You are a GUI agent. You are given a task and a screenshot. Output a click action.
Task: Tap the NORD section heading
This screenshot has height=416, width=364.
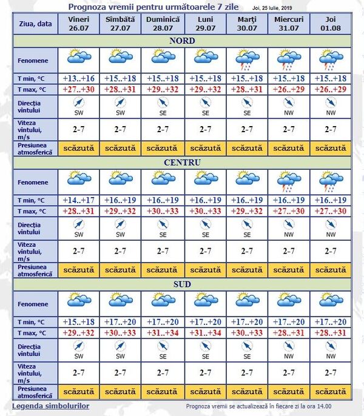pos(182,41)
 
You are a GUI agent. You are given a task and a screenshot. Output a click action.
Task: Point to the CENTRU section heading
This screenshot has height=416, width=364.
pos(182,163)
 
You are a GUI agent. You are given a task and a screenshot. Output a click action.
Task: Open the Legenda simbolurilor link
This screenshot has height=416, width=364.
pos(51,406)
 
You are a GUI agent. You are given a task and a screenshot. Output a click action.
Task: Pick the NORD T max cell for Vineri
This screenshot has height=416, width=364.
pos(78,90)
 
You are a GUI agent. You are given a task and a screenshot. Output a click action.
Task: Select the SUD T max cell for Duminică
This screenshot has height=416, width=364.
pos(163,332)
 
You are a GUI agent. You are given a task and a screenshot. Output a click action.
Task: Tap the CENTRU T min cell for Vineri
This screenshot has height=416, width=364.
pos(78,200)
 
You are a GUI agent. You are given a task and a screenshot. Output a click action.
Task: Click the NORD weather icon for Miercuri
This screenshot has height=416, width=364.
pos(288,59)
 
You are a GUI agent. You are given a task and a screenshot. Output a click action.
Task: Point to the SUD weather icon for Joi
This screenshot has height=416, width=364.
pos(330,301)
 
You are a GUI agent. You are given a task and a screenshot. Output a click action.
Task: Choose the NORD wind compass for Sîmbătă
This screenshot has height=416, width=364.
pos(120,106)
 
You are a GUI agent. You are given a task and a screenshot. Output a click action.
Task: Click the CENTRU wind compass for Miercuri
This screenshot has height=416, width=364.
pos(288,227)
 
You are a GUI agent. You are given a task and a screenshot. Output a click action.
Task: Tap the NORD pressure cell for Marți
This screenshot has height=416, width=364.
pos(246,148)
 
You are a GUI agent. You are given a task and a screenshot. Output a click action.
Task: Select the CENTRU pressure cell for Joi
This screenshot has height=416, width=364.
pos(330,269)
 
